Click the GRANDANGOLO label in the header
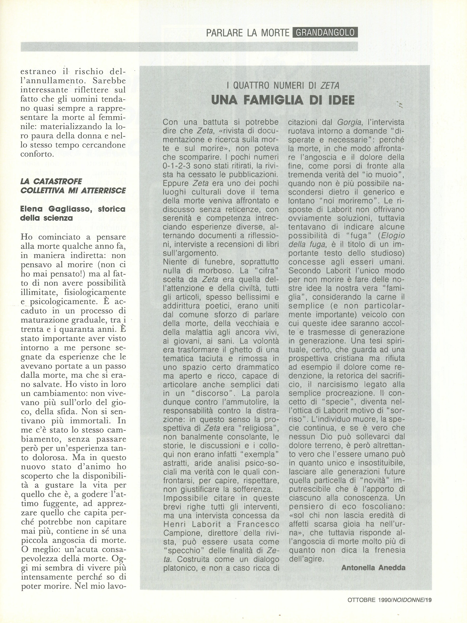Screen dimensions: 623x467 click(x=325, y=33)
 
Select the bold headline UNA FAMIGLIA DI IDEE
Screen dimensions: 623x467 click(x=283, y=101)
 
